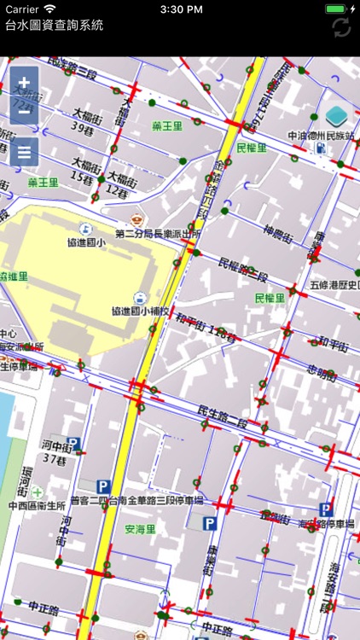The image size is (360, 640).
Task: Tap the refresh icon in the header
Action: coord(342,26)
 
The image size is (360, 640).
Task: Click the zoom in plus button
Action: coord(24,83)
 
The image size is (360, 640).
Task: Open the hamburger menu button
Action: coord(24,152)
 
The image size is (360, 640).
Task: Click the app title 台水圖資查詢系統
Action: coord(54,26)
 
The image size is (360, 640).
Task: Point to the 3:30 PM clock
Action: coord(179,9)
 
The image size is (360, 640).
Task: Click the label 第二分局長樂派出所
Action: coord(158,232)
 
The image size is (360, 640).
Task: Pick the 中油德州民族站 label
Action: coord(322,135)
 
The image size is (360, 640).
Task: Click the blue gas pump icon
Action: coord(321,148)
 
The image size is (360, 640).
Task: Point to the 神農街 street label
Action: coord(278,231)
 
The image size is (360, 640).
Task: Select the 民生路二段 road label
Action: coord(223,416)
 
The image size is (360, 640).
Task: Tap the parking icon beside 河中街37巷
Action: coord(73,444)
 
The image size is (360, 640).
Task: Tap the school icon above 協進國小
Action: coord(84,228)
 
